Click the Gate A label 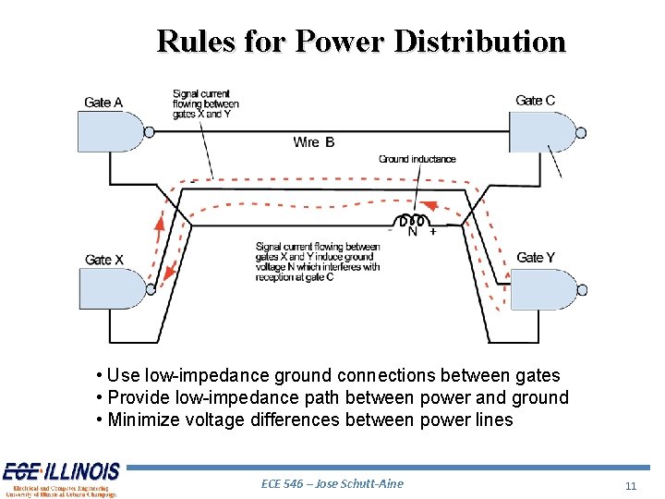(x=103, y=103)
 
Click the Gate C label (x=535, y=100)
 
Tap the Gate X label (x=103, y=260)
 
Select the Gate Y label (x=536, y=257)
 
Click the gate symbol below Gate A (x=112, y=133)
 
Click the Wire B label (x=314, y=141)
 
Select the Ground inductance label (x=417, y=159)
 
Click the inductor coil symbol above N (x=412, y=221)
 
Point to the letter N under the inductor (x=412, y=232)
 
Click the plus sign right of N (x=433, y=231)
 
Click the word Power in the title (x=339, y=42)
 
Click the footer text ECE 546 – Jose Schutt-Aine (x=332, y=483)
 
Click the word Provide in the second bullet (x=141, y=397)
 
